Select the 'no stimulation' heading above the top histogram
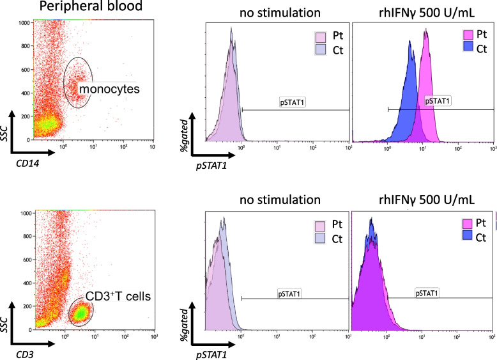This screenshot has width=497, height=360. [275, 13]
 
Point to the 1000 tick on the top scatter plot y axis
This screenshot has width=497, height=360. [24, 23]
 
